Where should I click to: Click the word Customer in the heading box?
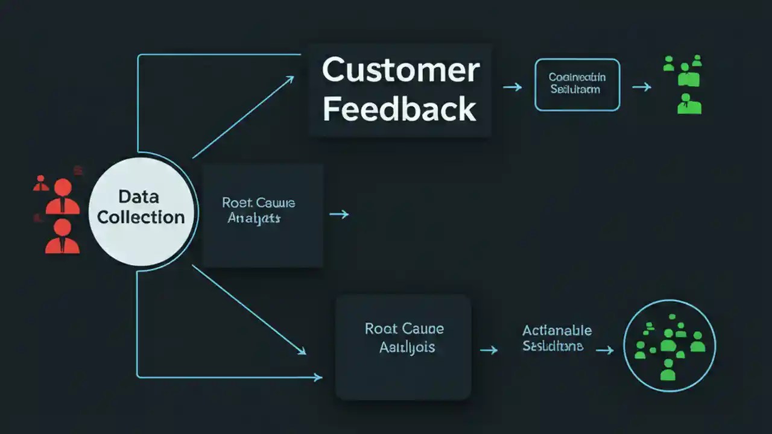click(400, 71)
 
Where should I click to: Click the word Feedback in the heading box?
click(399, 110)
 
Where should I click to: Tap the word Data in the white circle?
click(138, 197)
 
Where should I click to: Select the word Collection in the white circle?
click(141, 217)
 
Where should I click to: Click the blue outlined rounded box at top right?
click(577, 84)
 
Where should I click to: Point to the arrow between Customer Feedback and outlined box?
click(512, 87)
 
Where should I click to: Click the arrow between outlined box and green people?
click(642, 87)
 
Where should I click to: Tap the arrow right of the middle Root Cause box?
click(339, 213)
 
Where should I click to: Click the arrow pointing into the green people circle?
click(605, 350)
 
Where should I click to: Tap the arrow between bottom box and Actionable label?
click(489, 349)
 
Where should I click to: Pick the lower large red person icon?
click(62, 236)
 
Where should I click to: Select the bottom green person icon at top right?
click(689, 104)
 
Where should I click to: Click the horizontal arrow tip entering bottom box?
click(318, 377)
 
